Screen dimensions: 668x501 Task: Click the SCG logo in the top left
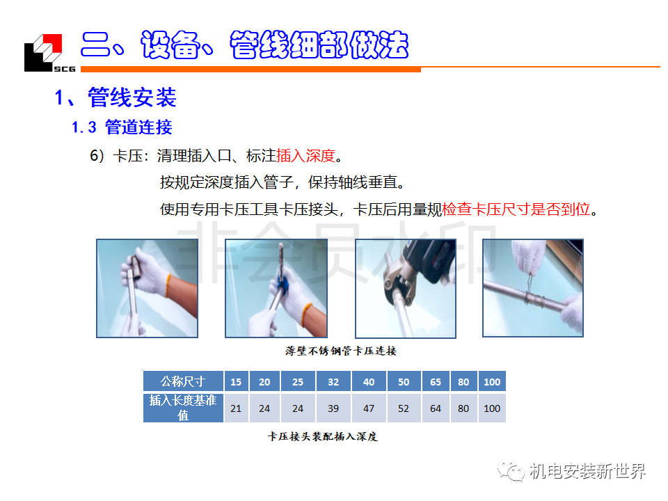point(50,53)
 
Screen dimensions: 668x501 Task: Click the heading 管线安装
point(132,97)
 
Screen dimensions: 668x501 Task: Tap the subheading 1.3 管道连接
point(122,127)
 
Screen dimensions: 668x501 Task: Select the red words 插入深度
point(306,156)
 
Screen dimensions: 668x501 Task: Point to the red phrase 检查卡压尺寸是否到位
point(516,209)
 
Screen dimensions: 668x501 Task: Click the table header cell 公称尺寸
point(183,381)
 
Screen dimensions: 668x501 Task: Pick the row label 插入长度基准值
point(183,408)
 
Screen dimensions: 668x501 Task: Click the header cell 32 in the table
point(333,382)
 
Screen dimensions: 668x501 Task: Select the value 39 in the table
point(333,408)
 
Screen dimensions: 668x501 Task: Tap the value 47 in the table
point(369,408)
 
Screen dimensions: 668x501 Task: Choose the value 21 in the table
point(236,408)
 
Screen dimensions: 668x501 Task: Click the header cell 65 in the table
point(436,382)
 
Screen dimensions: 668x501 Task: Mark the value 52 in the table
point(404,408)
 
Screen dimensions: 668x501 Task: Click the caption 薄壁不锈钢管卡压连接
point(341,351)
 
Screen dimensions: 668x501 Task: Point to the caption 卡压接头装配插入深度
point(322,436)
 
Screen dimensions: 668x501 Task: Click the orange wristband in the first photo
point(168,285)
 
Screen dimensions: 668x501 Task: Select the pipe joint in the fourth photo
point(535,299)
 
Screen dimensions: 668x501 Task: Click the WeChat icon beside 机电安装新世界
point(510,470)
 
